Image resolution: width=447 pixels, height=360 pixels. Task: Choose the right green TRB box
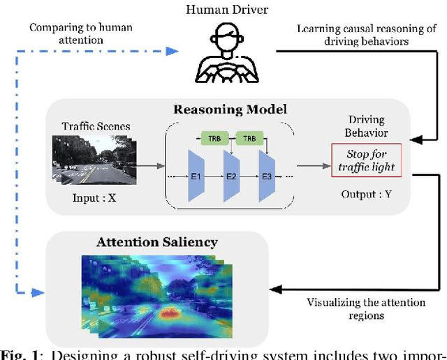coord(249,138)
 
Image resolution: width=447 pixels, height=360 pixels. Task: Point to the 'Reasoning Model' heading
coord(231,110)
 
